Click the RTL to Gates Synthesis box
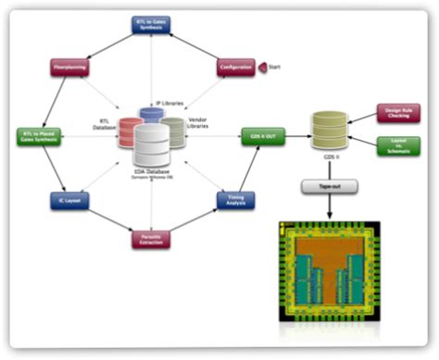coord(151,24)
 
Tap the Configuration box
coord(236,68)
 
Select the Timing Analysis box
coord(236,199)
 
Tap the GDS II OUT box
coord(261,136)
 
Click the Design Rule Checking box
coord(397,113)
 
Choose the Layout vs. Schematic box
coord(397,145)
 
